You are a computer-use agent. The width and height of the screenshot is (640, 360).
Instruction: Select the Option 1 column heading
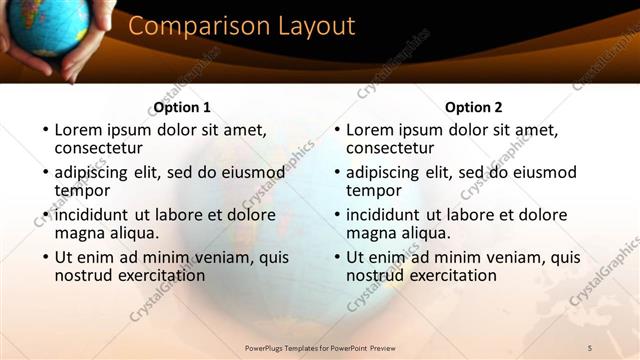pos(182,107)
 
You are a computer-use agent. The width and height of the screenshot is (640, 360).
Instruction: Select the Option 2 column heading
pos(474,107)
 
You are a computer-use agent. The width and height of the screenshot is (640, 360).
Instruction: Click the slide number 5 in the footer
pos(590,347)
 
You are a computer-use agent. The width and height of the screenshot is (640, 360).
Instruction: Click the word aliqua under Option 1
pos(132,233)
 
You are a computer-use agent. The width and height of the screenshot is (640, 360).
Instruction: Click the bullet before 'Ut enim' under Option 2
pos(337,258)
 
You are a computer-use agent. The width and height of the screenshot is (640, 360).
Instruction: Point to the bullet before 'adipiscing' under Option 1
pos(45,173)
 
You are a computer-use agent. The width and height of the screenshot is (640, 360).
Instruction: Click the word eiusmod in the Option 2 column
pos(549,172)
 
